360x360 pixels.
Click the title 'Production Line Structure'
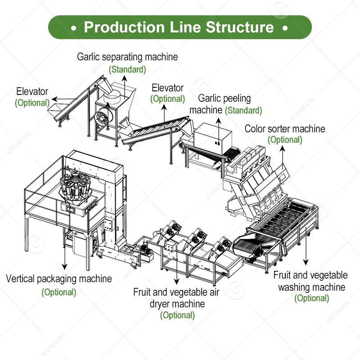pos(179,27)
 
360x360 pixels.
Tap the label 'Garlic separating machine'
pos(127,57)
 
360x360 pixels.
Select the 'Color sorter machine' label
pos(284,129)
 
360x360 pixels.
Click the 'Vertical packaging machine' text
pos(59,279)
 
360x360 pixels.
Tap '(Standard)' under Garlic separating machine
pos(128,69)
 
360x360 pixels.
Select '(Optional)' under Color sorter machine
pos(285,140)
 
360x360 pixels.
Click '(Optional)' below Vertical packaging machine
pos(59,292)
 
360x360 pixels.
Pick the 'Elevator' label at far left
pos(32,91)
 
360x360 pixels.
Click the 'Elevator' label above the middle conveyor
pos(167,88)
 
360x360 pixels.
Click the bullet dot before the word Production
pos(73,27)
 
